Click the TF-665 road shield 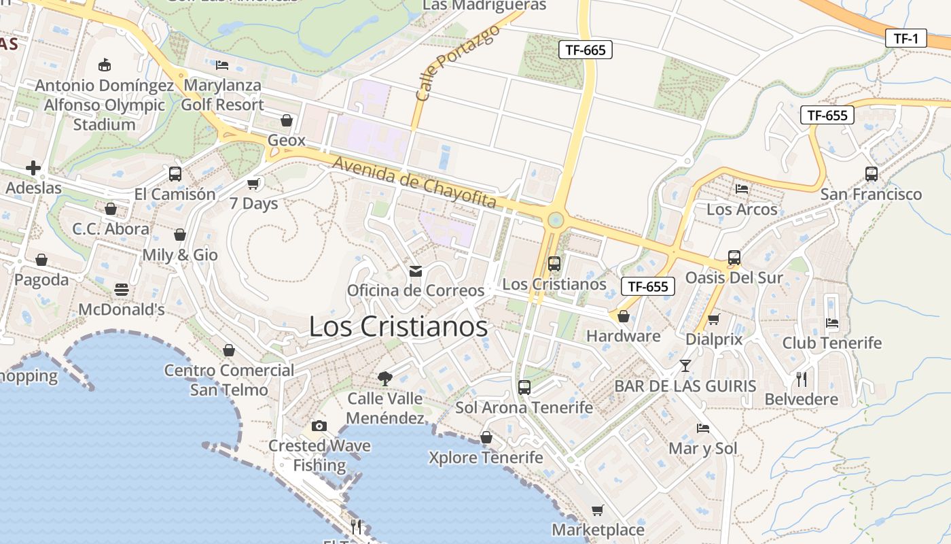coord(586,50)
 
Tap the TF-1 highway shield coord(906,39)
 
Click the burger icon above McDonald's coord(122,290)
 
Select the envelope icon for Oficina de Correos coord(416,271)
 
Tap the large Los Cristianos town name coord(398,326)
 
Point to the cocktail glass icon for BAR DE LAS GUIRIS coord(685,366)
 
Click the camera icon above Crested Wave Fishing coord(319,426)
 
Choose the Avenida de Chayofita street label coord(414,182)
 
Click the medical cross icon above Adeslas coord(33,167)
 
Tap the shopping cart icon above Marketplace coord(597,510)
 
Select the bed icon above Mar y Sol coord(703,428)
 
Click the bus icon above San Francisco coord(871,174)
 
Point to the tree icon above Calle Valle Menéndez coord(385,378)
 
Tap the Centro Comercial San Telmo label coord(229,380)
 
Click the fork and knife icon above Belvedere coord(802,379)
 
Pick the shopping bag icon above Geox coord(287,120)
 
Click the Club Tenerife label coord(831,343)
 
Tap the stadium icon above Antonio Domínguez coord(104,65)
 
